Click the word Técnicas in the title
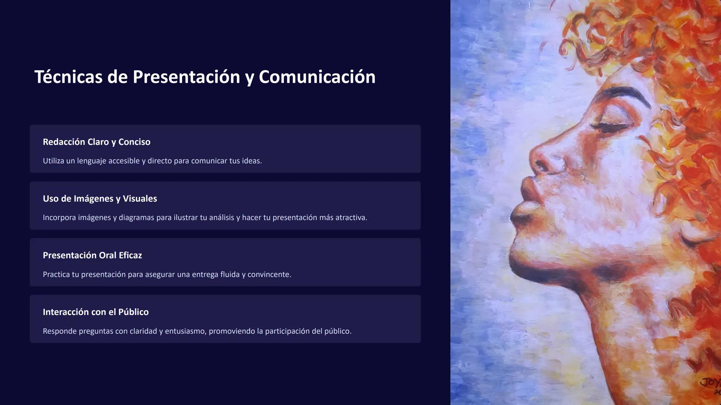coord(68,77)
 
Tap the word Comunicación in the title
coord(317,77)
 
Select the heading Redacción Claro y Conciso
coord(97,142)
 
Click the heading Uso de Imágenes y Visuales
coord(100,199)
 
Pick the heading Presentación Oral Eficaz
coord(92,255)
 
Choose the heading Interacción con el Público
coord(96,312)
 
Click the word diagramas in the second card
coord(136,217)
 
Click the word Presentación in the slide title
coord(186,77)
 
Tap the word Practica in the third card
coord(56,274)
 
